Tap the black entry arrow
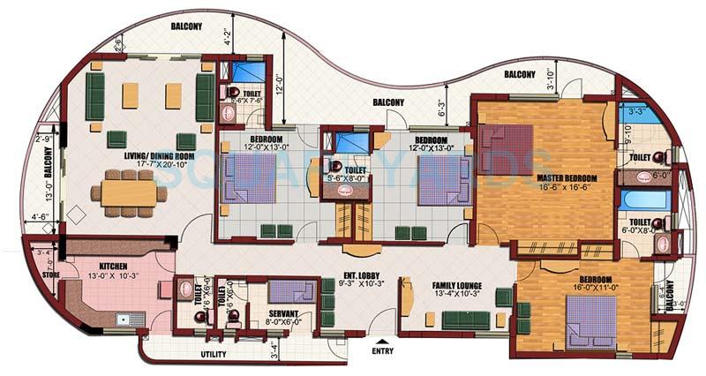pyautogui.click(x=380, y=340)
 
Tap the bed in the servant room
pyautogui.click(x=290, y=291)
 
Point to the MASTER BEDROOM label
pyautogui.click(x=567, y=177)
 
